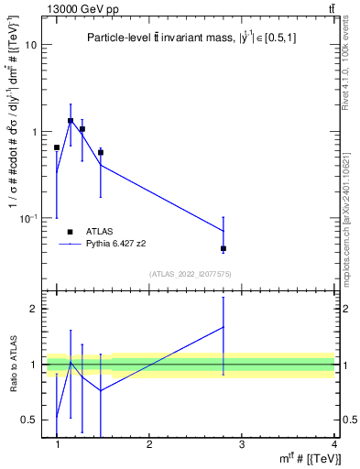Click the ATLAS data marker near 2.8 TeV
(224, 248)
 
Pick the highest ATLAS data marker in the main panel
(71, 121)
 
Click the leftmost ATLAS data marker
(57, 147)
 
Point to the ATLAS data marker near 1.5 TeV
(101, 152)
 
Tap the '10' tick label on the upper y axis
(29, 45)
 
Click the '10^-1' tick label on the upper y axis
(27, 218)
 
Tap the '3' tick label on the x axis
(242, 444)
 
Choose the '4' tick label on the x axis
(333, 444)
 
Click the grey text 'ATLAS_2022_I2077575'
(191, 274)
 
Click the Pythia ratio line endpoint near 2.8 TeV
(224, 327)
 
